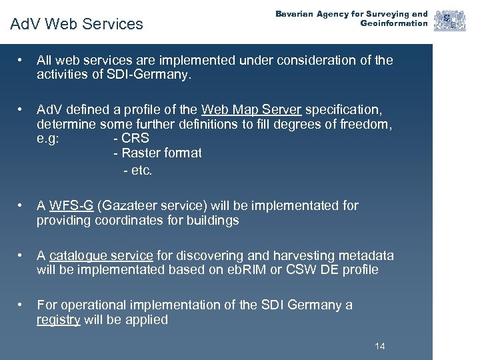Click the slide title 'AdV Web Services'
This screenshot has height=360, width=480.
click(x=77, y=24)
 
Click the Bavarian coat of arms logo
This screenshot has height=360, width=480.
click(x=450, y=20)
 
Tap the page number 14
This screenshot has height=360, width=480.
click(x=380, y=346)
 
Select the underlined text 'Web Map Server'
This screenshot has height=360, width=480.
click(x=251, y=109)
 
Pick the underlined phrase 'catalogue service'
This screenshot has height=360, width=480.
click(x=101, y=255)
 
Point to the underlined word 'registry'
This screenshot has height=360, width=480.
click(x=59, y=319)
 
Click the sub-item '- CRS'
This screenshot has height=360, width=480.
click(x=131, y=139)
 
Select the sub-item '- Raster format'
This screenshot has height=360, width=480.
click(x=157, y=153)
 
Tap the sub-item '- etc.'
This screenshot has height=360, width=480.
click(x=138, y=170)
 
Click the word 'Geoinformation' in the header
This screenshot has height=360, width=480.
click(x=394, y=24)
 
